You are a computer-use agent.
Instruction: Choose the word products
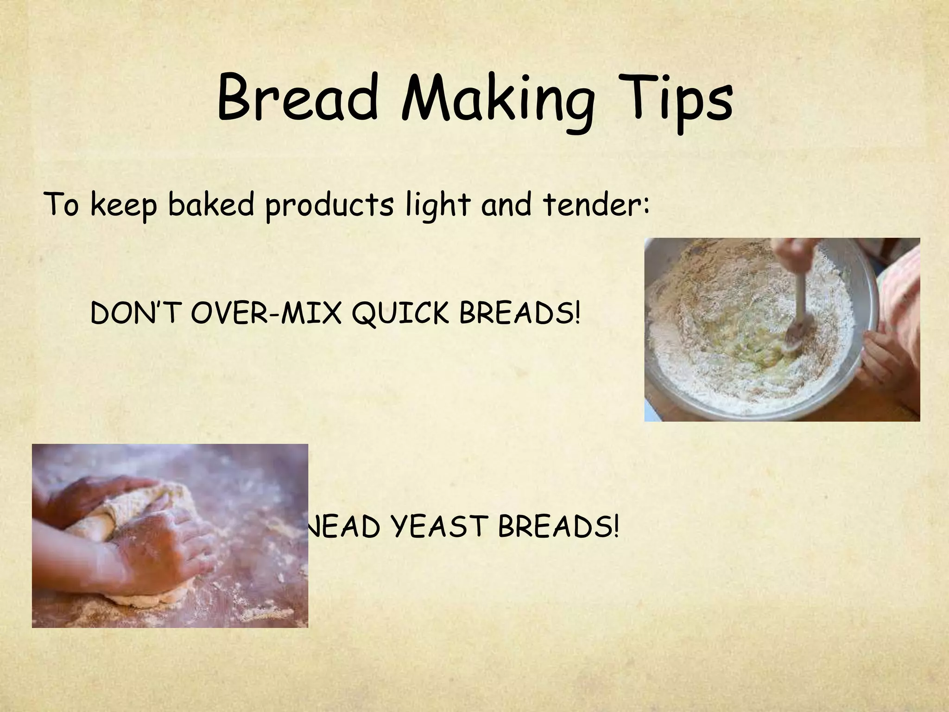pyautogui.click(x=329, y=206)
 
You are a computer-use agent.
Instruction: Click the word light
pyautogui.click(x=437, y=206)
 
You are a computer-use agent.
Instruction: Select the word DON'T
pyautogui.click(x=135, y=314)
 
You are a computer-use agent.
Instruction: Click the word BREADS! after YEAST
pyautogui.click(x=558, y=528)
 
